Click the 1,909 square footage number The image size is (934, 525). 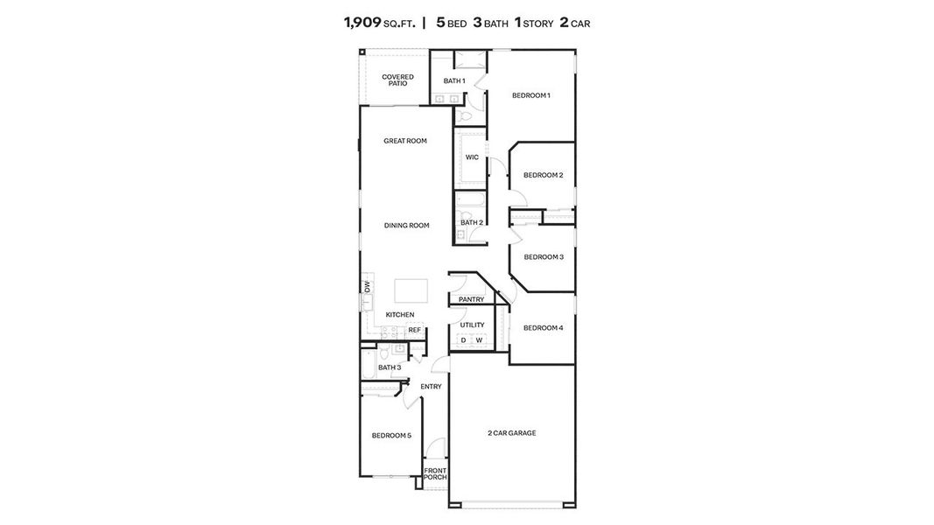362,23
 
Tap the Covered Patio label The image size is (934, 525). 397,80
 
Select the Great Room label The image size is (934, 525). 405,141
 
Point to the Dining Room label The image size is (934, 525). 407,225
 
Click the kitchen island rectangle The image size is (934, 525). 411,290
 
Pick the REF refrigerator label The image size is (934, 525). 414,330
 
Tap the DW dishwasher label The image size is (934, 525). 368,287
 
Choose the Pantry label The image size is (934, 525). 471,299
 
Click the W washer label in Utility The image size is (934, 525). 479,340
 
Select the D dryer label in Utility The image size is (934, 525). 464,340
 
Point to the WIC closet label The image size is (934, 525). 472,157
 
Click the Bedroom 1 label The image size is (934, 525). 530,95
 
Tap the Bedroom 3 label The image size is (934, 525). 543,256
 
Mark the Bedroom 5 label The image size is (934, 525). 391,435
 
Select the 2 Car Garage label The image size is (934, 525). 512,432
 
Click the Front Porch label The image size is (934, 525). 435,473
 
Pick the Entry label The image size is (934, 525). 431,386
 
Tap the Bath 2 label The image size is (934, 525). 472,222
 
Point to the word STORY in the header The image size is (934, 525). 538,24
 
